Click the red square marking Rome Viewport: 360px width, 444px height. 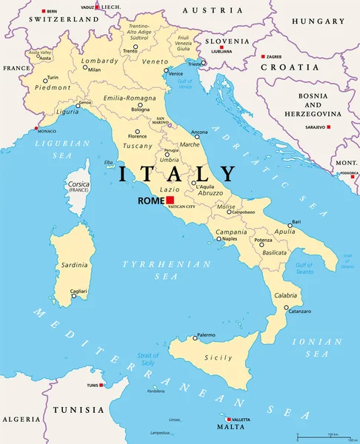click(170, 200)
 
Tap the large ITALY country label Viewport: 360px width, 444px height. click(177, 175)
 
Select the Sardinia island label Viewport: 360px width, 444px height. click(73, 263)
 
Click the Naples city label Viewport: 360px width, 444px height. click(230, 239)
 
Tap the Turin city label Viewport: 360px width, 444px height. click(53, 78)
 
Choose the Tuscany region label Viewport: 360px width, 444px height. click(136, 146)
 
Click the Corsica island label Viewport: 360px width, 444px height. click(79, 186)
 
